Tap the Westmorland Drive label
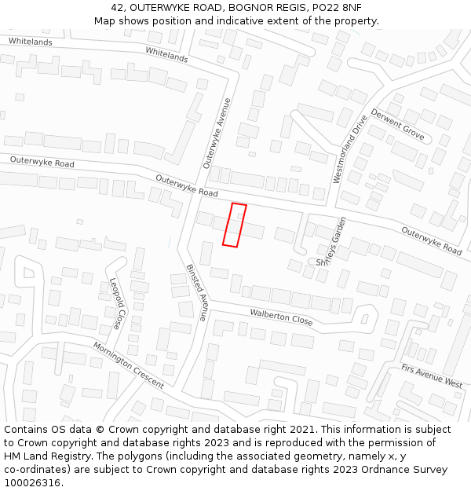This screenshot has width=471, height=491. (x=350, y=150)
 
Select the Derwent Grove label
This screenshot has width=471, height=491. (x=398, y=125)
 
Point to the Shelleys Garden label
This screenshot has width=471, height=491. (x=331, y=241)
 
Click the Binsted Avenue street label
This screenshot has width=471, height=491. (x=196, y=292)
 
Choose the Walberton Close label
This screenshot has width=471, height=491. (x=281, y=317)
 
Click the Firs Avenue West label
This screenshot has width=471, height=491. (x=432, y=376)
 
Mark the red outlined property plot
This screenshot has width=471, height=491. (x=234, y=225)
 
